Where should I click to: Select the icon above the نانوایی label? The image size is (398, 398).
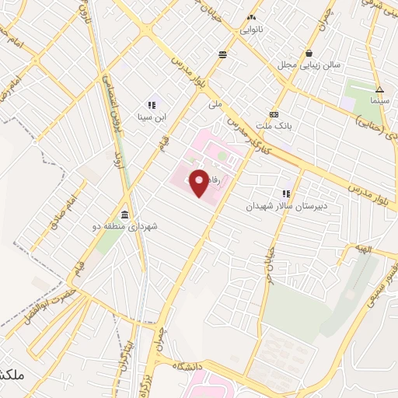pos(251,17)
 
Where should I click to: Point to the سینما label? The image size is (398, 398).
pos(379,101)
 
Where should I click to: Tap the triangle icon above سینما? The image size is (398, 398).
pos(379,89)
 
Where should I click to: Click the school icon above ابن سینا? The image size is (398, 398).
pos(152,104)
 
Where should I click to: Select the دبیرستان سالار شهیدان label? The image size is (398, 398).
pos(284,206)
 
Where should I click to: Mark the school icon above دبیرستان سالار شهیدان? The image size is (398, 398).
pos(286,194)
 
